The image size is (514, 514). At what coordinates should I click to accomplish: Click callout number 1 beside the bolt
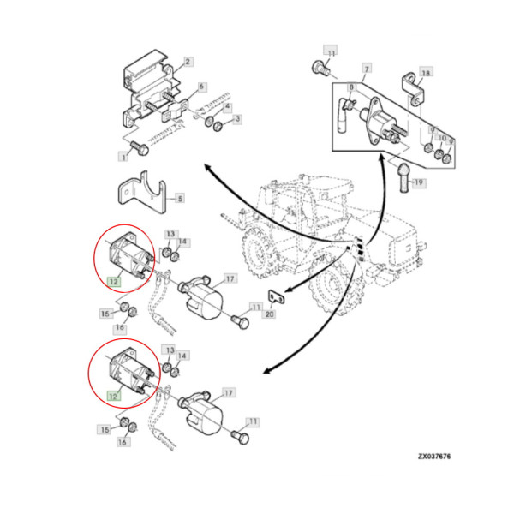point(123,157)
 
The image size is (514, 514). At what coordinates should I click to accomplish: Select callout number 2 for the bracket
point(188,61)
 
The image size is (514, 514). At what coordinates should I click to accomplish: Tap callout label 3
point(238,118)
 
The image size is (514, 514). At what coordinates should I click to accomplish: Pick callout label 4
point(227,107)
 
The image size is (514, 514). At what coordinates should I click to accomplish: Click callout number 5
point(179,198)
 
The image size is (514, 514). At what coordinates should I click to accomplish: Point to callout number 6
point(201,87)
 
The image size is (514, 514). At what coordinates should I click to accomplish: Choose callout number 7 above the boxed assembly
point(366,68)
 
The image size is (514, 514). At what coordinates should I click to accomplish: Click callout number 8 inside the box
point(350,87)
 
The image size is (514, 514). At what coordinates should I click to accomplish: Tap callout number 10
point(442,137)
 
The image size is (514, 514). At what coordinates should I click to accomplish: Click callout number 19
point(420,182)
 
